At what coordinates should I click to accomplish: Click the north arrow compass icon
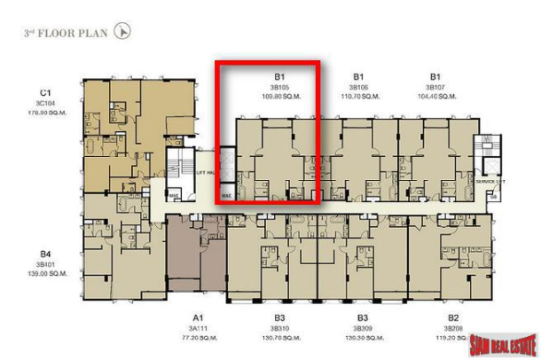click(123, 32)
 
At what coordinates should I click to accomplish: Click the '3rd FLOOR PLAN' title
click(67, 34)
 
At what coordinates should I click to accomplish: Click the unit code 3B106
click(358, 87)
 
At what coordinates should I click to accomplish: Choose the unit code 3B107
click(435, 87)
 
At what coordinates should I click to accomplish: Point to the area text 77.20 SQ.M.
click(199, 338)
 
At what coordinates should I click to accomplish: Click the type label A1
click(199, 317)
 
